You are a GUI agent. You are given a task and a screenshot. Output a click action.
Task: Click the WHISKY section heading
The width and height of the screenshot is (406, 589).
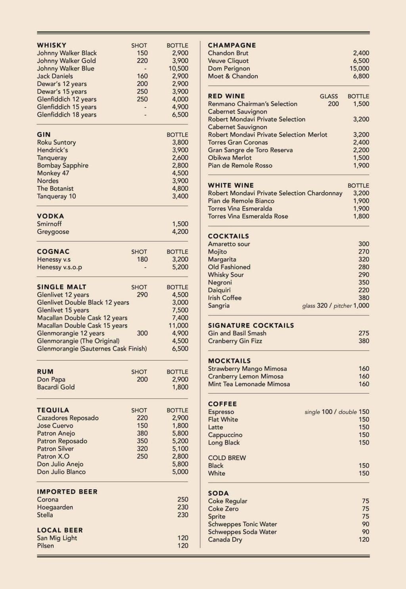click(x=52, y=45)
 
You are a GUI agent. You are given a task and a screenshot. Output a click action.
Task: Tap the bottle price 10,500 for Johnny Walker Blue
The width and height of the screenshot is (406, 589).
click(x=178, y=69)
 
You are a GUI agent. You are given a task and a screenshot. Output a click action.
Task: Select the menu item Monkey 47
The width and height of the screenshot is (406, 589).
click(x=53, y=173)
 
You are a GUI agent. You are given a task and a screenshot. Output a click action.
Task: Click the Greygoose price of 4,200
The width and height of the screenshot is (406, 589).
click(x=180, y=232)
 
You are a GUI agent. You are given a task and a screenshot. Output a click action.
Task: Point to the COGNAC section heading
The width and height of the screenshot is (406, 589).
click(x=53, y=252)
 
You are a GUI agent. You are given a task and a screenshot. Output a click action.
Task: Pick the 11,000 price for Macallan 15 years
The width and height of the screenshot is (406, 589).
click(x=178, y=326)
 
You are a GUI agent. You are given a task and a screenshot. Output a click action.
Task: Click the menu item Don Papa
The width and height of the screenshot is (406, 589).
click(x=51, y=379)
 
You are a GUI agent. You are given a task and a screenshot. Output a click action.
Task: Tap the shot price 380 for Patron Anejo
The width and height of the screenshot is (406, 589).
click(x=142, y=433)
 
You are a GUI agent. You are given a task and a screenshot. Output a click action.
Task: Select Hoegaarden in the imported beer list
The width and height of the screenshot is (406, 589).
click(x=55, y=507)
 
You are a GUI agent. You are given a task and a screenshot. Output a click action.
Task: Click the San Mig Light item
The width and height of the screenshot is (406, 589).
click(x=57, y=538)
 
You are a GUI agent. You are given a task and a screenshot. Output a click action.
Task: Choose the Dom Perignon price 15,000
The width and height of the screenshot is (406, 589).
click(x=359, y=69)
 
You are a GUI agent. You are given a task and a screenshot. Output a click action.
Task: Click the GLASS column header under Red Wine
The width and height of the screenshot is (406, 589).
click(x=329, y=96)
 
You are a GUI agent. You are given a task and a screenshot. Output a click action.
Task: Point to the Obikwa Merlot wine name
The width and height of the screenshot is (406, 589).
click(x=230, y=158)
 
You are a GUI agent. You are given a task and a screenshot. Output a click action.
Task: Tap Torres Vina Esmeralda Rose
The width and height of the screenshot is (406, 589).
click(x=248, y=216)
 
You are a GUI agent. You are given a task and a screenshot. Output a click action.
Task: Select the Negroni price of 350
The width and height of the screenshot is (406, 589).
click(x=364, y=282)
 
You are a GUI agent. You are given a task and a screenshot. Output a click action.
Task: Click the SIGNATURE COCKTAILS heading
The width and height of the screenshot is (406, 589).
click(x=251, y=325)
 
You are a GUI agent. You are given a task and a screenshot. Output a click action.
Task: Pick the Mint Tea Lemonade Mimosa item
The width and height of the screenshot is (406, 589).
click(x=249, y=384)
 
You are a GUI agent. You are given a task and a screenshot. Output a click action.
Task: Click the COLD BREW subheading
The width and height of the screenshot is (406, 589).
click(x=227, y=458)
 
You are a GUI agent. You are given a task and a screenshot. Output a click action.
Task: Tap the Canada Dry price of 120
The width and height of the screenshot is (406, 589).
click(x=364, y=539)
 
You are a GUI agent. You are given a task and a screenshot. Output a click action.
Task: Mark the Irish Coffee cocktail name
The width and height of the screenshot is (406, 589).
click(x=225, y=298)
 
